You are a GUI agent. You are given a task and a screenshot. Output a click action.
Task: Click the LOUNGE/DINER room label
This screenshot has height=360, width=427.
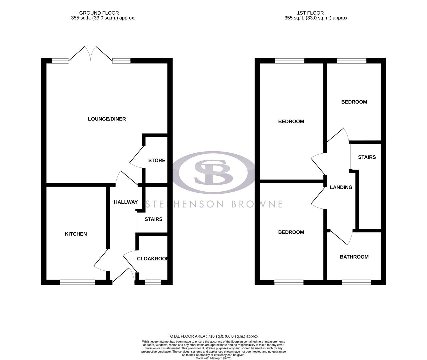[x=107, y=119]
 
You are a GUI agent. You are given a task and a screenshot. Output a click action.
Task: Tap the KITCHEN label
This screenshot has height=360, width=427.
[x=76, y=234]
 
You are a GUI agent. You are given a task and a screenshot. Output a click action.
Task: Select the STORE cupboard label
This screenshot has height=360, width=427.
[x=157, y=160]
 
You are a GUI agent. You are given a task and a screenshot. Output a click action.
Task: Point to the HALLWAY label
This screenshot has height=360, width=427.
[x=126, y=202]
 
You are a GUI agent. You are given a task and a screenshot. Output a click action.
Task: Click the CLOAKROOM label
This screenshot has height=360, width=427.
[x=152, y=259]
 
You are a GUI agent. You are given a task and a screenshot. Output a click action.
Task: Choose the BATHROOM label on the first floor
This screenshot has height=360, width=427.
[x=354, y=257]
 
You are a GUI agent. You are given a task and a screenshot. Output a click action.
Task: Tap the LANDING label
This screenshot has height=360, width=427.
[x=341, y=187]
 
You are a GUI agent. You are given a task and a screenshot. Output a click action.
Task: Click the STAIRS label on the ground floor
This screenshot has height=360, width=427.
[x=153, y=219]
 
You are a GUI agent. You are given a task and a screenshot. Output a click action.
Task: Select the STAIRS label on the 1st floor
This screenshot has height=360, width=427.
[x=367, y=157]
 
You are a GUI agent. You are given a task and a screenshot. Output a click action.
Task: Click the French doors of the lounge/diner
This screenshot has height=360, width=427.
[x=90, y=54]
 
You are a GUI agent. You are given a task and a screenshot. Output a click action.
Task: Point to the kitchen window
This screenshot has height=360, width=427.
[x=78, y=282]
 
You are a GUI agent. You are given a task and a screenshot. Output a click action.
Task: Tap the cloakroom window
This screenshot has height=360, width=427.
[x=153, y=282]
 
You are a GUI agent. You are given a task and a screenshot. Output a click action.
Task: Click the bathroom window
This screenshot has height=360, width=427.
[x=356, y=282]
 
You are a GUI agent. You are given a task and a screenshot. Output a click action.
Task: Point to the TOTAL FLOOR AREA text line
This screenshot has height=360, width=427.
[x=213, y=336]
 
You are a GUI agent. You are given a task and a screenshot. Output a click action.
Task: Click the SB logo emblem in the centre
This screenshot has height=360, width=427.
[x=213, y=173]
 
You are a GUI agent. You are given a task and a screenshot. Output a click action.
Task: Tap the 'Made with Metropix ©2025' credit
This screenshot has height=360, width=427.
[x=213, y=358]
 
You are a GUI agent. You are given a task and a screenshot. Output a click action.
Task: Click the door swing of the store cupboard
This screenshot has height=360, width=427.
[x=136, y=157]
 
